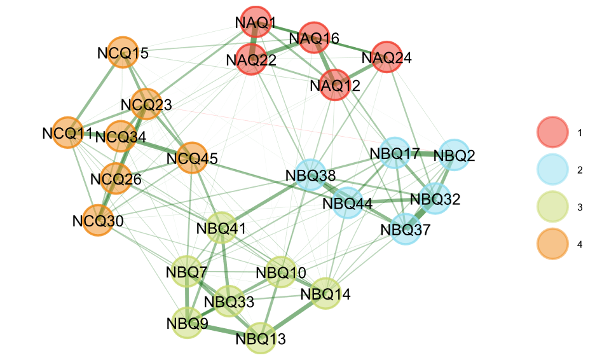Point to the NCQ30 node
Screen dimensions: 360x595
(x=97, y=221)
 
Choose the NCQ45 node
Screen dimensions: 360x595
(x=192, y=158)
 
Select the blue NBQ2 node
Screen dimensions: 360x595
(x=454, y=155)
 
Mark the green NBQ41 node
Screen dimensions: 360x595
(x=221, y=227)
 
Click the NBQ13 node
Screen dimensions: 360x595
(x=261, y=337)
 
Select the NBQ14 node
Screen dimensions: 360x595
(x=325, y=294)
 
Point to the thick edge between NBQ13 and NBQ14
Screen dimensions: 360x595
(x=292, y=315)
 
